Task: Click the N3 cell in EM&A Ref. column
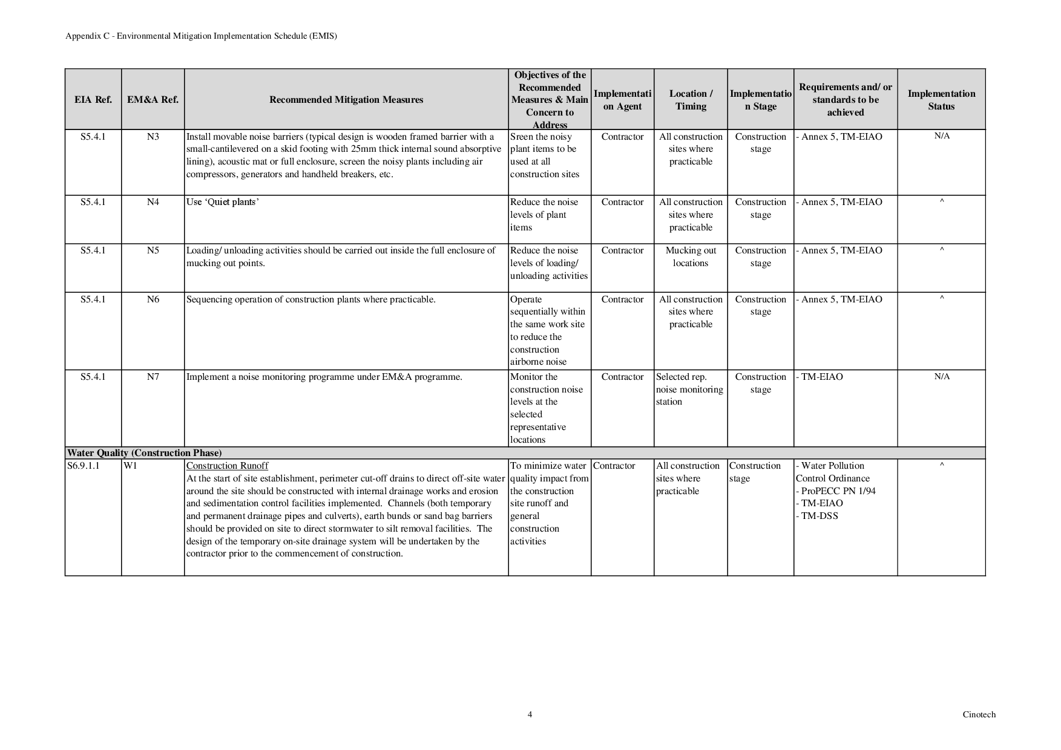(153, 137)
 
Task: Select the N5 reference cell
(153, 250)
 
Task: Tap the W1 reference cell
(130, 466)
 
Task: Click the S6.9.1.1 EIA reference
(84, 466)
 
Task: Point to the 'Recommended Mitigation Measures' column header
(346, 100)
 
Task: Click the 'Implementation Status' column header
(941, 100)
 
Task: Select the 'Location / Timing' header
(691, 100)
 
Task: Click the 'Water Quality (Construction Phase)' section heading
(144, 453)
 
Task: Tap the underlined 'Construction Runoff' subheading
(227, 466)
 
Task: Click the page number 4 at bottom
(530, 714)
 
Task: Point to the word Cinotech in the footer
(979, 714)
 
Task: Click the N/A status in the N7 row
(941, 377)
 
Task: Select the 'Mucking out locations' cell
(691, 256)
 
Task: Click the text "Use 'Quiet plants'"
(222, 202)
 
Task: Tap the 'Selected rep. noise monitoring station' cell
(689, 390)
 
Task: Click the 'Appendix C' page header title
(201, 36)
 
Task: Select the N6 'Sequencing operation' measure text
(310, 299)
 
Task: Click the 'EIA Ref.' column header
(93, 100)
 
